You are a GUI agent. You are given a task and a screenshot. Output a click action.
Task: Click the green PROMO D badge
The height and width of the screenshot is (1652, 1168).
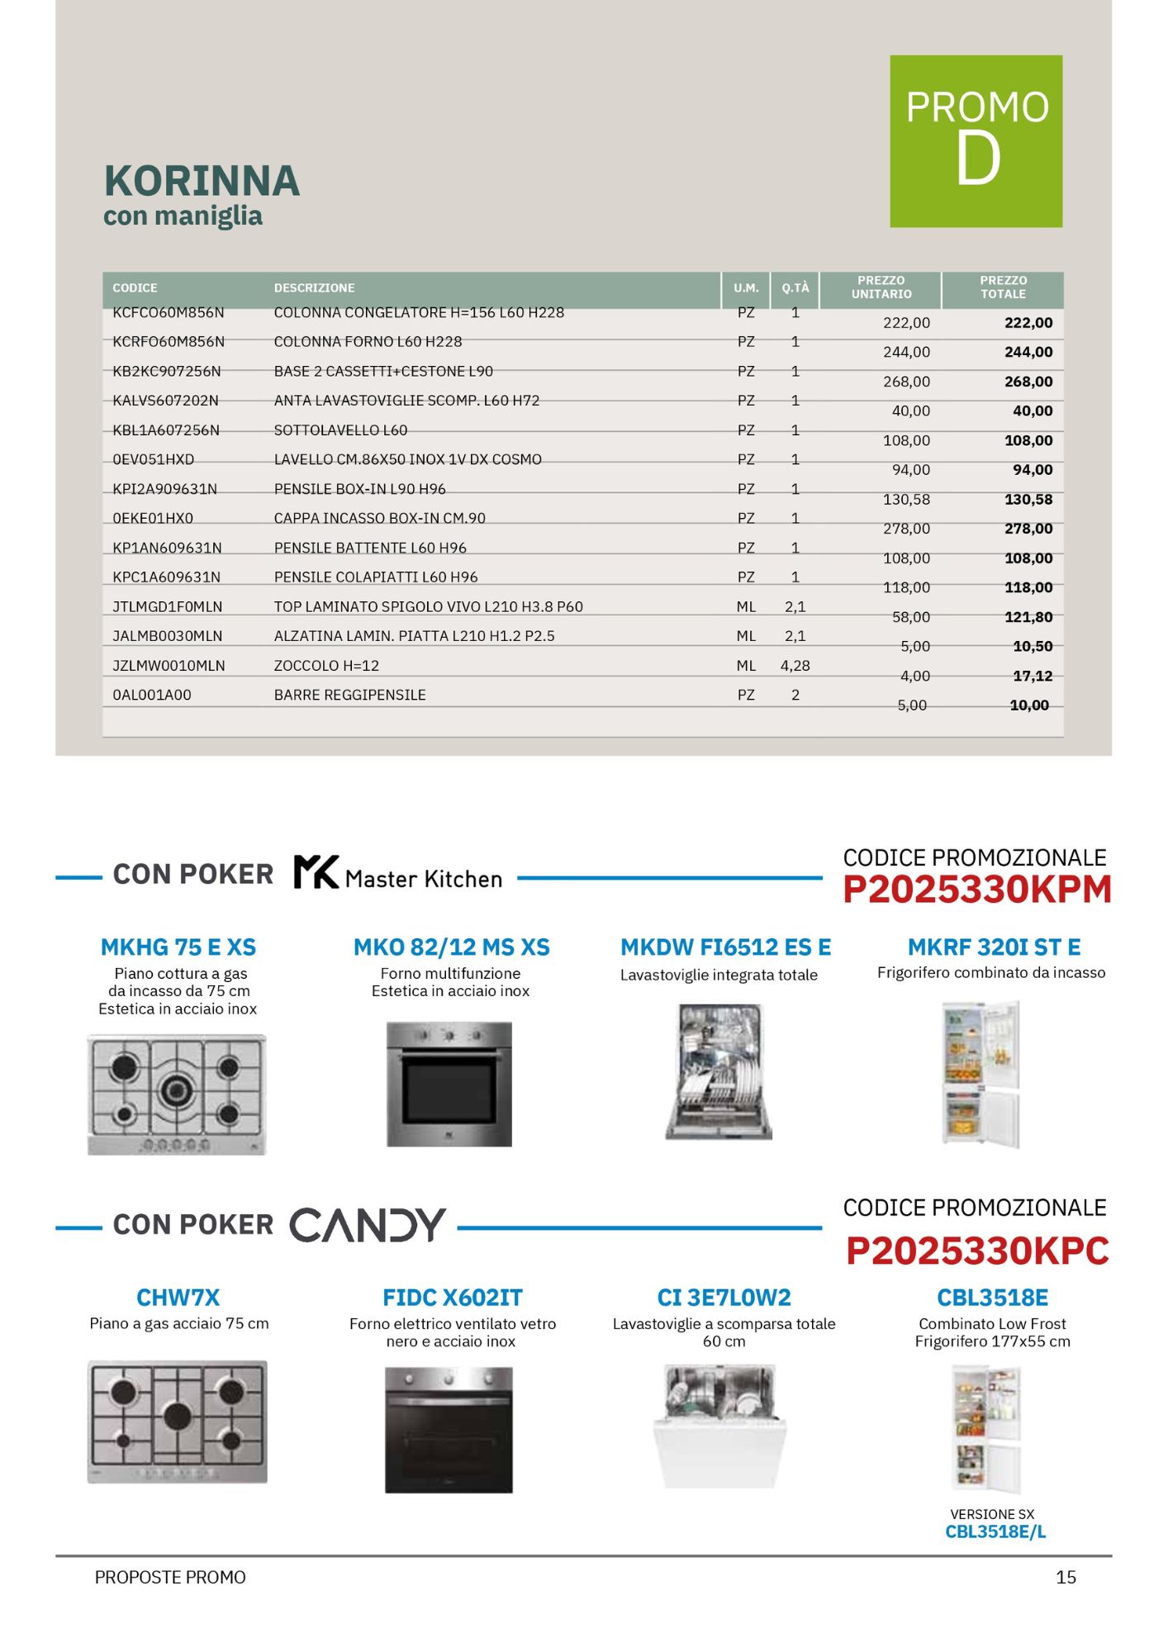tap(976, 141)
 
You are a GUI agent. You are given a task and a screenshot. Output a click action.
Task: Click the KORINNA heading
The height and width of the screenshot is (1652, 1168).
tap(202, 181)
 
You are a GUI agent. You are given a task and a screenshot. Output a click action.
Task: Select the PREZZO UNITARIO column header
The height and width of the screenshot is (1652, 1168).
tap(881, 287)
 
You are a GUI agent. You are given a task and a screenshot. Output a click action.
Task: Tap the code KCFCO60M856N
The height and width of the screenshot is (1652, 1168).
tap(169, 313)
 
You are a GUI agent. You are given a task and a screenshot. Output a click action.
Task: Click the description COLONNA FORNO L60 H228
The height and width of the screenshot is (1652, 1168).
tap(368, 342)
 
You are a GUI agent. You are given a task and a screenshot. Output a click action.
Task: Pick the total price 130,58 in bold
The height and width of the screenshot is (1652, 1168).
tap(1028, 500)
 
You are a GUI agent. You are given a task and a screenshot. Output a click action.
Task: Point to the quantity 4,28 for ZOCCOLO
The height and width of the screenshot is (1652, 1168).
tap(795, 666)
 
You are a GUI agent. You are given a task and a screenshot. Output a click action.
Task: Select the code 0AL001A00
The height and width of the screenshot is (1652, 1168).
tap(152, 695)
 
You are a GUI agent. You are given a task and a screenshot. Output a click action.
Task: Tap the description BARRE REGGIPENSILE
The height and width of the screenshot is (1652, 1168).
tap(349, 695)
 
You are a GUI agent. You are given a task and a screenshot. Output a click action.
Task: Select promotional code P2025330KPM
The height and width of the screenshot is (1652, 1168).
tap(976, 890)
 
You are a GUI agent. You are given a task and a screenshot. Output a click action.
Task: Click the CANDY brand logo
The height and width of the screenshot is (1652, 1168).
tap(368, 1225)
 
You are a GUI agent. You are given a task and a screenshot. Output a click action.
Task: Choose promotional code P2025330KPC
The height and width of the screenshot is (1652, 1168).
tap(976, 1251)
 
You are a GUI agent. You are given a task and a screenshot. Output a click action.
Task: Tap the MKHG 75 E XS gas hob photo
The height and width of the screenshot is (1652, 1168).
tap(177, 1094)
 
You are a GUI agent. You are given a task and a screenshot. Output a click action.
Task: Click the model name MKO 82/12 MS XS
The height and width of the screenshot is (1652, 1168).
tap(451, 947)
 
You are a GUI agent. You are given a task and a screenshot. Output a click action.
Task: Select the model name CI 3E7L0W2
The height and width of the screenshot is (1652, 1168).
tap(724, 1298)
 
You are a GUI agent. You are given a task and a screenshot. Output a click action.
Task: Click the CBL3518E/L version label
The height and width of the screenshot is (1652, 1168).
tap(995, 1532)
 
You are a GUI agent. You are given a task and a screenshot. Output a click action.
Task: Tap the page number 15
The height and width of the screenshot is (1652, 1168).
tap(1066, 1578)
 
